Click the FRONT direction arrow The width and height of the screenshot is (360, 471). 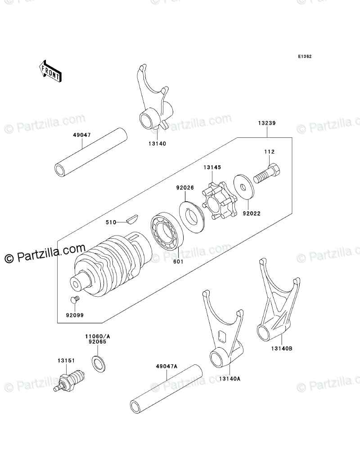click(x=49, y=70)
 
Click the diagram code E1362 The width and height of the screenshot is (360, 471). click(x=304, y=57)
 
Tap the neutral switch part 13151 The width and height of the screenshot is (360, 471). click(x=71, y=378)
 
